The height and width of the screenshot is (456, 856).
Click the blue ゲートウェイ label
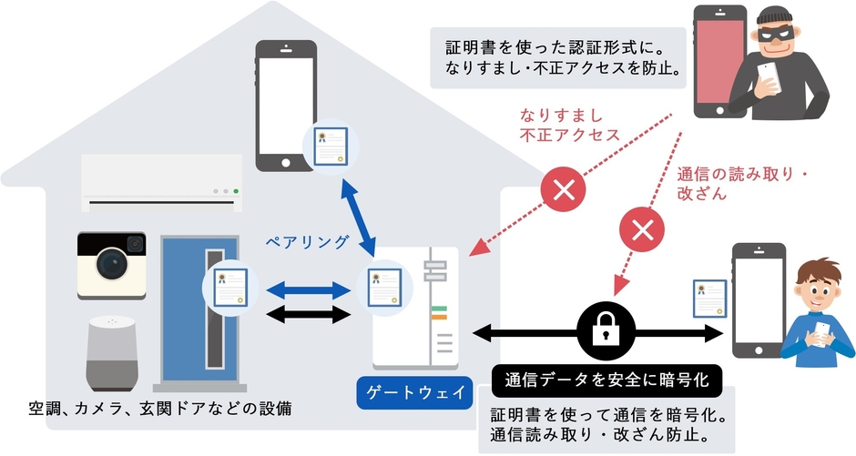click(x=414, y=393)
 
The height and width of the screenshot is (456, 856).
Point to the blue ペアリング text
click(x=307, y=242)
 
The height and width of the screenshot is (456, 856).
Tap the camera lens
click(x=111, y=265)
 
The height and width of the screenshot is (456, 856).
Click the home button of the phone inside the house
click(x=286, y=162)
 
